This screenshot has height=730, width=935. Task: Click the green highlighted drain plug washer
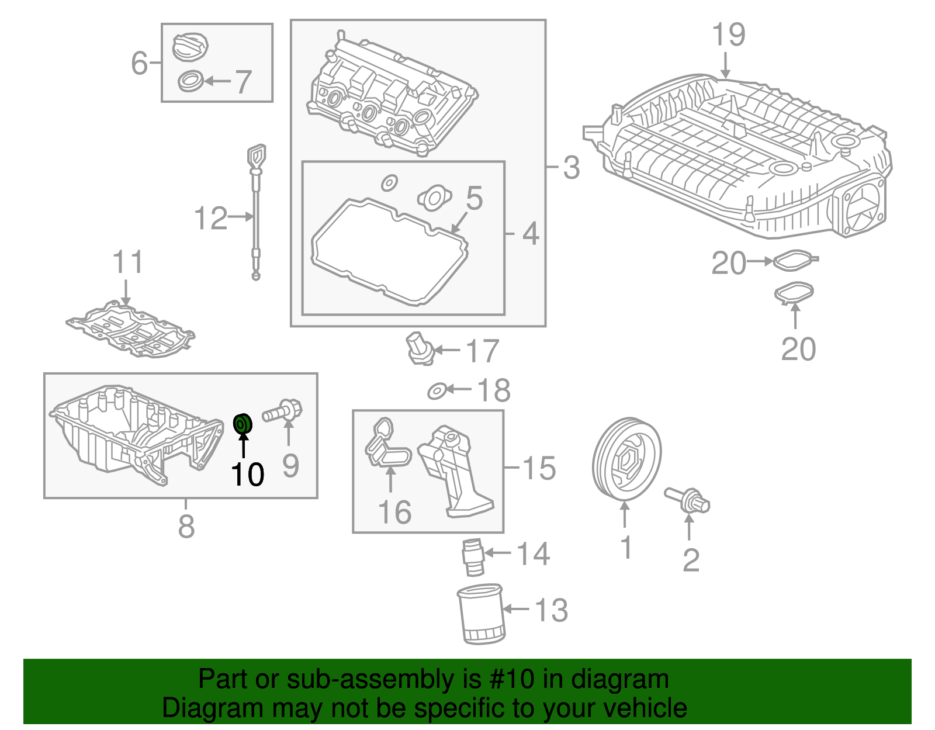(243, 423)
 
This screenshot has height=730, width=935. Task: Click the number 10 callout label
(248, 474)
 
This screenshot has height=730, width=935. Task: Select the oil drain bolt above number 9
(283, 411)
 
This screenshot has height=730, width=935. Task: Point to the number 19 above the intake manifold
(729, 34)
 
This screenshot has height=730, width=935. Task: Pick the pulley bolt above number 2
(688, 500)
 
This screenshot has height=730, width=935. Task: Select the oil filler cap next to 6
(191, 46)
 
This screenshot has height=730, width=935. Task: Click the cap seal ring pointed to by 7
(191, 81)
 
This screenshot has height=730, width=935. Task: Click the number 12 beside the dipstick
(210, 218)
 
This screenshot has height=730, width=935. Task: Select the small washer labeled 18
(437, 390)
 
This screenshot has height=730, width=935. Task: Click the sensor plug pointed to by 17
(420, 348)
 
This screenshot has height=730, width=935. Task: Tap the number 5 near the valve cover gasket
(474, 198)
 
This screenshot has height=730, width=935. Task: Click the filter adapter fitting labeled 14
(473, 558)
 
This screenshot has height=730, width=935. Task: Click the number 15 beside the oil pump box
(538, 468)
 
